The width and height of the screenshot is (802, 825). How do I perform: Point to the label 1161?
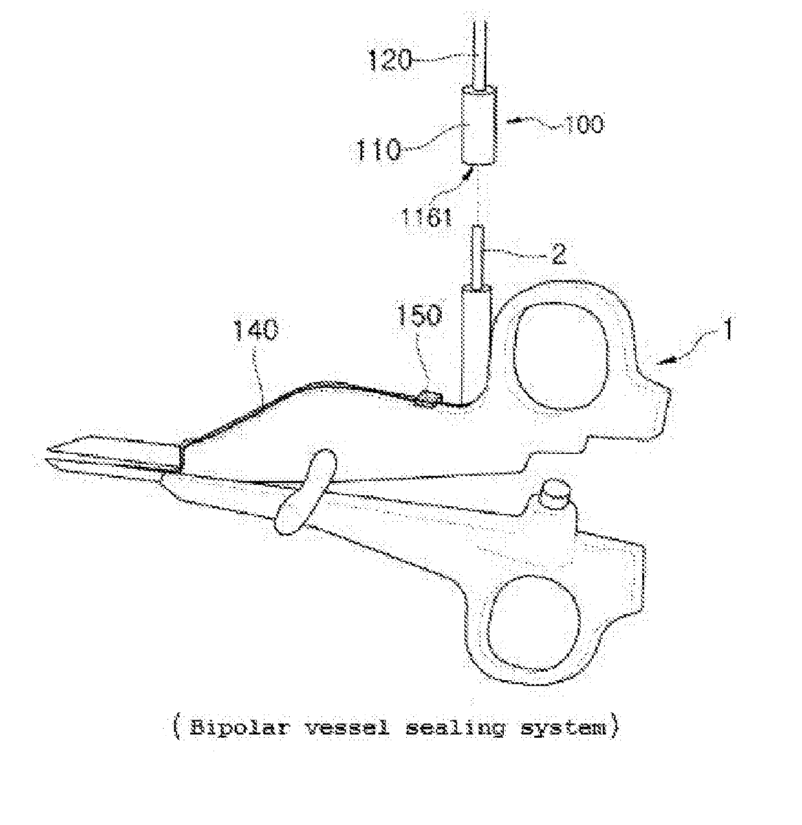click(426, 216)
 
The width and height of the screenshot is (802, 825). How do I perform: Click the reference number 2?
click(557, 254)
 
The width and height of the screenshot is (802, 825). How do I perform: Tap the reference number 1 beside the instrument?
click(728, 336)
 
